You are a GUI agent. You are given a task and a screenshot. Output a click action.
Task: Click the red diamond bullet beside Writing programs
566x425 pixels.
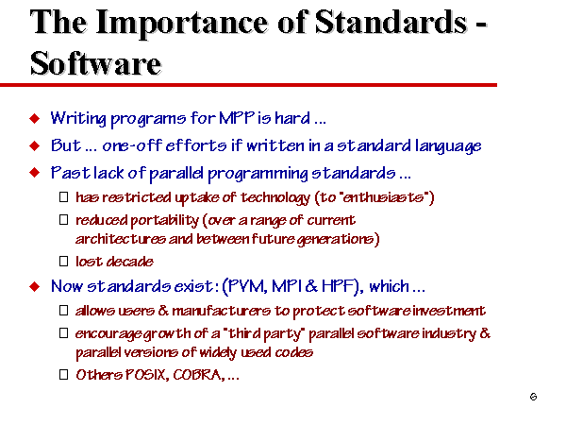[34, 119]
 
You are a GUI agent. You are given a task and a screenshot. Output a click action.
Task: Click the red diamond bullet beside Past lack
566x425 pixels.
[34, 174]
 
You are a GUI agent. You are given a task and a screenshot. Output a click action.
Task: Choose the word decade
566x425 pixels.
[132, 261]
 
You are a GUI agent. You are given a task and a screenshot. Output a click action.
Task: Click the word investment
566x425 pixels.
[450, 311]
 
